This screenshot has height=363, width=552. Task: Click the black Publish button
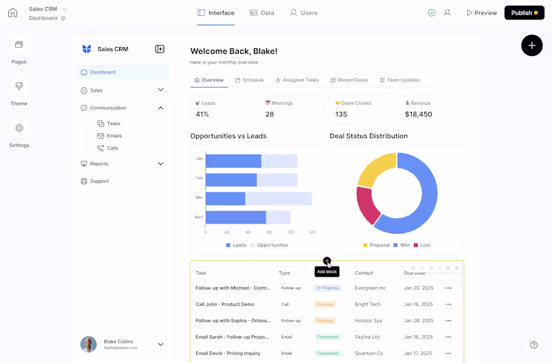(524, 13)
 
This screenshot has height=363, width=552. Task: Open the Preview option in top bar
(482, 13)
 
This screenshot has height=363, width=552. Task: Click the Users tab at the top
(304, 13)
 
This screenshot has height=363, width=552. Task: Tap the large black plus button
(531, 46)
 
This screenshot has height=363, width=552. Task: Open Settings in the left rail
(19, 128)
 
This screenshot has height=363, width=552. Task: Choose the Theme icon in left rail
(19, 86)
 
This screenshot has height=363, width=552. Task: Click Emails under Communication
(114, 136)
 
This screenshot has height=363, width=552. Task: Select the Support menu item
(99, 181)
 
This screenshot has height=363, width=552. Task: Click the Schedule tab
(249, 80)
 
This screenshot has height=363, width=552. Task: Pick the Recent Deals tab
(348, 80)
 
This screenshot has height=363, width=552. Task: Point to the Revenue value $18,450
(419, 115)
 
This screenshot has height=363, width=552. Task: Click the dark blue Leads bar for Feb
(231, 180)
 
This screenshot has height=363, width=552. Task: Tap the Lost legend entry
(422, 245)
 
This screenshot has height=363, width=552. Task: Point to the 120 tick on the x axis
(312, 233)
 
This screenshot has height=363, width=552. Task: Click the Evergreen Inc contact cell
(370, 288)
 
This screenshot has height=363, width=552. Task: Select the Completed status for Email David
(327, 353)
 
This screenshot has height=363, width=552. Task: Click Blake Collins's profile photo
(88, 344)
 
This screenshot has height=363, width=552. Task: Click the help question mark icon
(533, 345)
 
